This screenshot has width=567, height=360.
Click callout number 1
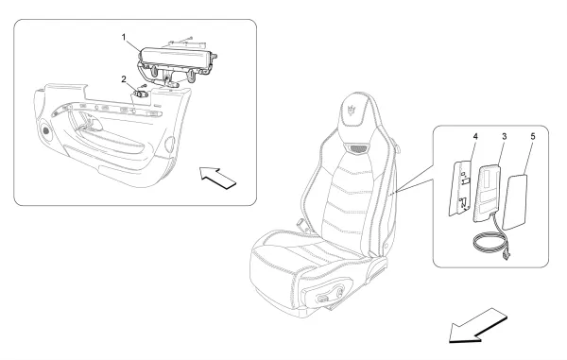[x=124, y=37]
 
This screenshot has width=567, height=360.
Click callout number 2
[x=124, y=79]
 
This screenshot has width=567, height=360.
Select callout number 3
[x=504, y=137]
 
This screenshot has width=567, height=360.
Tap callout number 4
[x=475, y=137]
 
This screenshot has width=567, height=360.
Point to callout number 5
[x=533, y=137]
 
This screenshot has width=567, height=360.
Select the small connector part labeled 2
[x=141, y=94]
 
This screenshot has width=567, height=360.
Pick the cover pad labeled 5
[x=515, y=201]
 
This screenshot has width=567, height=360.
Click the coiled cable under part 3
[x=490, y=244]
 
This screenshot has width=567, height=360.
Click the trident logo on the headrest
[x=352, y=111]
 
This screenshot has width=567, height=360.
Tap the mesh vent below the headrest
[x=358, y=148]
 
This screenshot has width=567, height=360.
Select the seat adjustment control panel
[x=330, y=293]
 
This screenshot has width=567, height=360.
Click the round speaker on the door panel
[x=46, y=129]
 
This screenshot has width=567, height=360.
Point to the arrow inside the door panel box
[x=218, y=178]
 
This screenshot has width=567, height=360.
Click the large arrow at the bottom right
[x=477, y=326]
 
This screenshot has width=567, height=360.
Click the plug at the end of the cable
[x=506, y=256]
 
